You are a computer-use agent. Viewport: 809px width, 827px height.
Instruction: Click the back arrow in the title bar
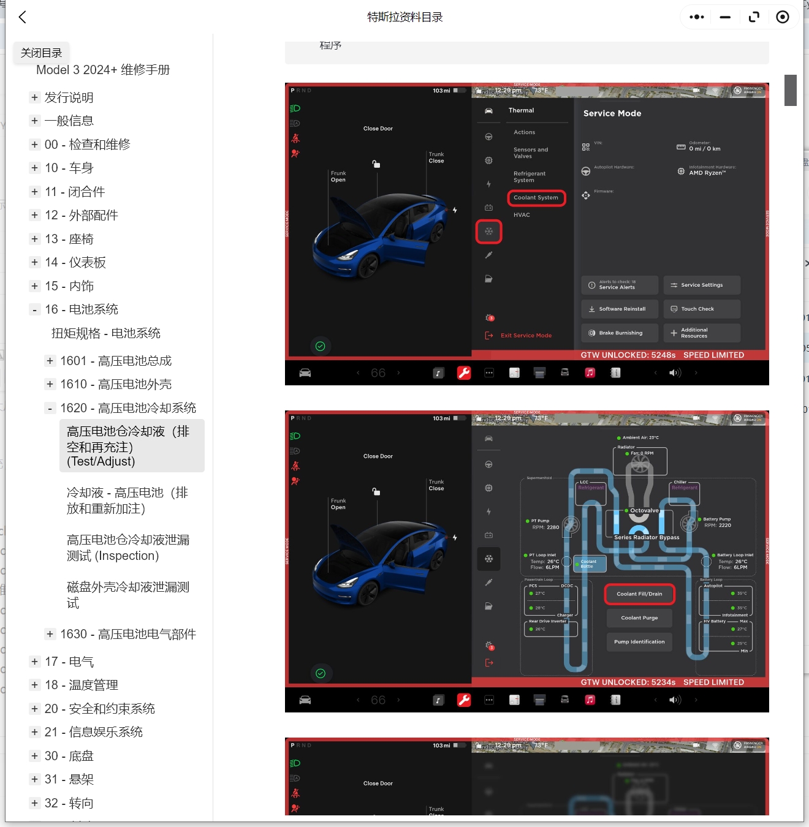click(x=23, y=17)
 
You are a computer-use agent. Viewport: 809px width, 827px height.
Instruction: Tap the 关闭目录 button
click(x=42, y=53)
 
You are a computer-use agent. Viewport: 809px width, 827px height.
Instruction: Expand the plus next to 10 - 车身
click(x=35, y=168)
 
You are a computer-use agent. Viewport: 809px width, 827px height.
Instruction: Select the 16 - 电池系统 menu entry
click(x=81, y=309)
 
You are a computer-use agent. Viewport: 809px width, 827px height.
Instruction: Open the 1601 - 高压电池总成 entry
click(x=115, y=361)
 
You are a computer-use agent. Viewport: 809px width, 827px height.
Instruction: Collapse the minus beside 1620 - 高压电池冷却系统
click(x=50, y=408)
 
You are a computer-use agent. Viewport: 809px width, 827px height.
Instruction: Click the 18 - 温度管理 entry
click(x=81, y=685)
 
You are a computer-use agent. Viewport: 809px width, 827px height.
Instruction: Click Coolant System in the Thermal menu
click(x=536, y=198)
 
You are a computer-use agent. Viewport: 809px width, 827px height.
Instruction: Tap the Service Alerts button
click(x=619, y=285)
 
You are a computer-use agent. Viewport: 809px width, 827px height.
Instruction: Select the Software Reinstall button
click(x=619, y=309)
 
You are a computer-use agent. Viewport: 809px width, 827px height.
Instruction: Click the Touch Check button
click(x=701, y=309)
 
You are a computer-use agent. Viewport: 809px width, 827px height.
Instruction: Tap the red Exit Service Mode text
click(x=526, y=336)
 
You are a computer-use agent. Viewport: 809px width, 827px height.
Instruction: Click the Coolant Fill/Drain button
click(x=639, y=594)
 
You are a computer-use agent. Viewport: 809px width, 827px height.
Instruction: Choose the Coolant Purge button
click(x=639, y=617)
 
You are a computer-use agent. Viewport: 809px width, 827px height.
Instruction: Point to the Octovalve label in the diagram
click(x=644, y=510)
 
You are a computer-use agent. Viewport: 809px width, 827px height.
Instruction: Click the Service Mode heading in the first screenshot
click(x=612, y=113)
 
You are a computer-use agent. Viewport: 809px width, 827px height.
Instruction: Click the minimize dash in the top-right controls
click(x=725, y=17)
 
